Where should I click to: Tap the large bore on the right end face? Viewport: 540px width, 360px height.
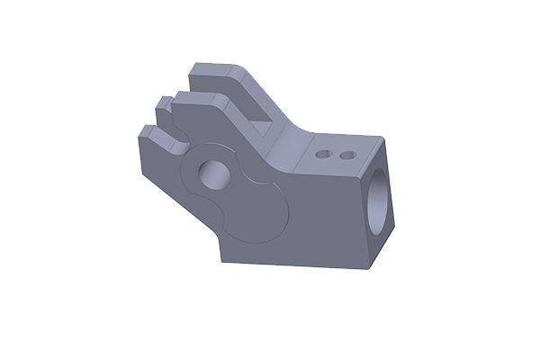(381, 192)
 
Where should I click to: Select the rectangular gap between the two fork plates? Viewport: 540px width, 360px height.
(256, 112)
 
